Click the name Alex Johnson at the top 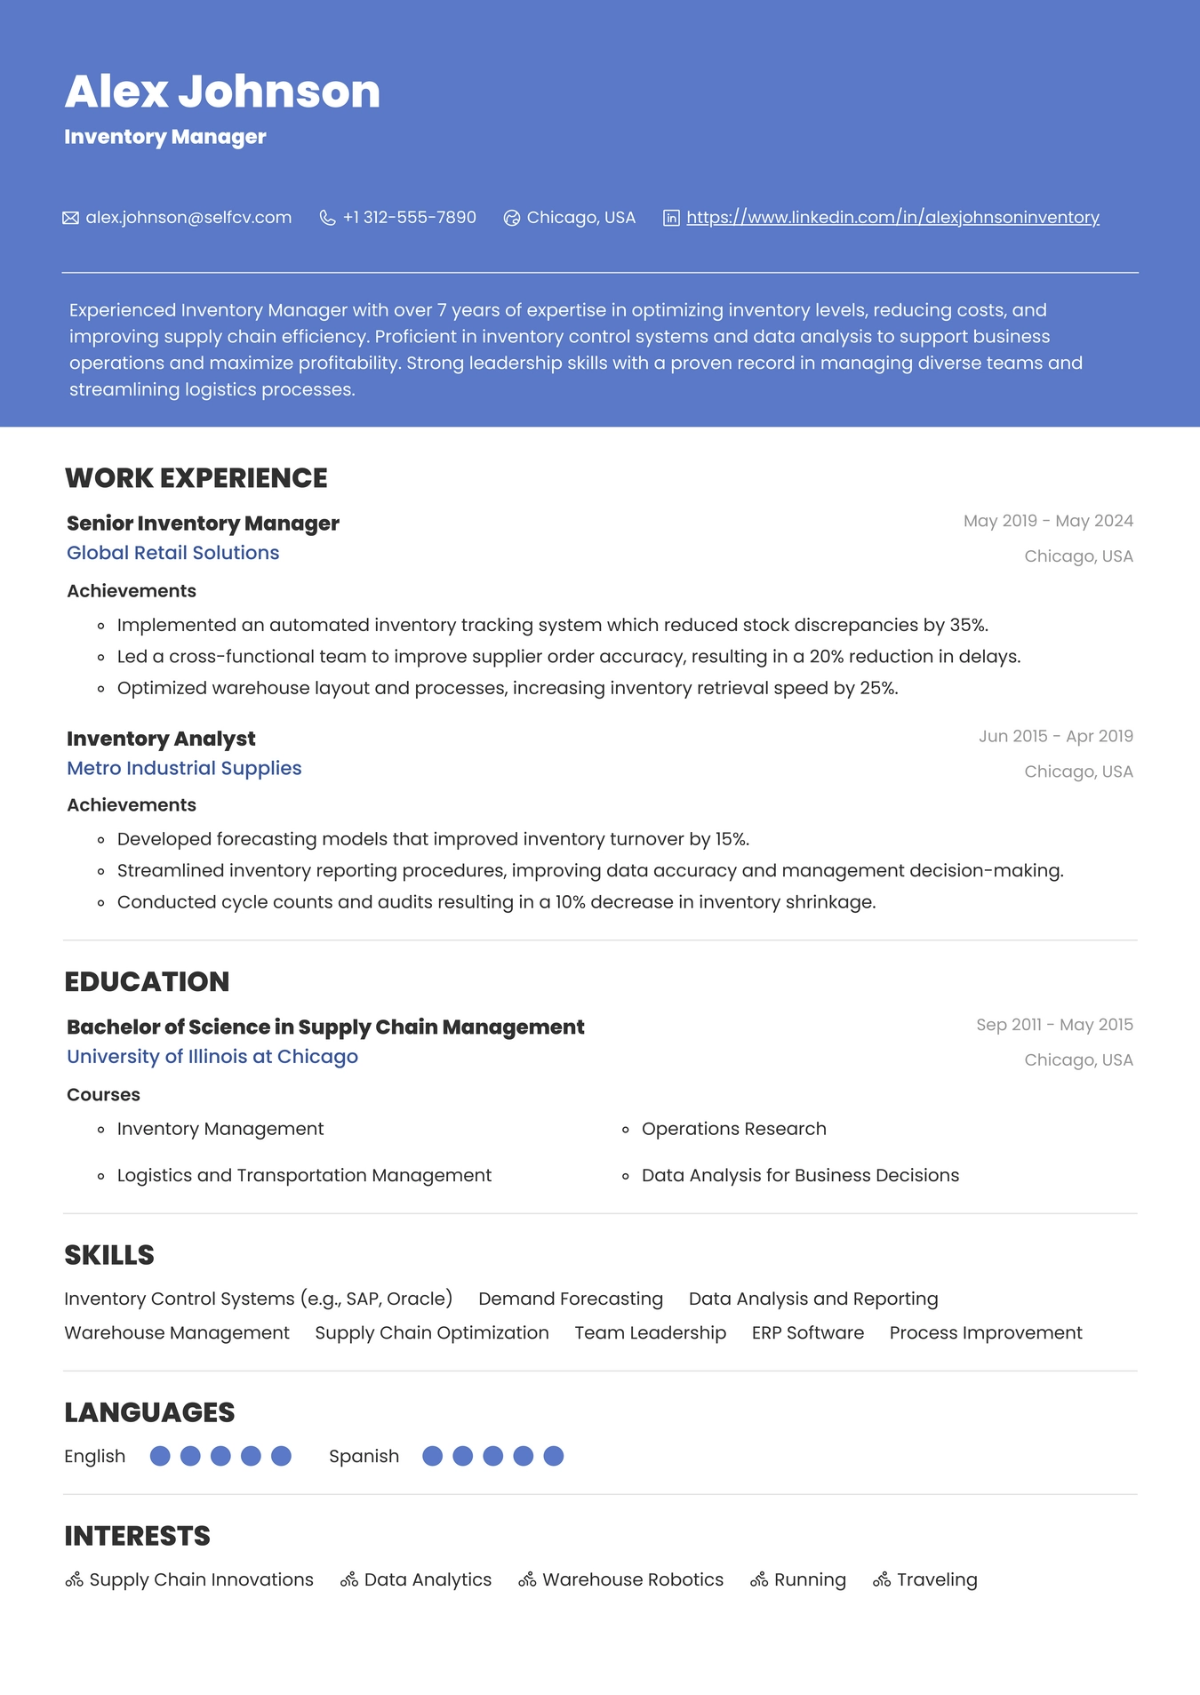point(222,92)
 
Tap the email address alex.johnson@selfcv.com point(188,218)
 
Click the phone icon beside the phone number point(327,218)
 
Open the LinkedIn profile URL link point(892,218)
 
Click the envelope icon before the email point(70,218)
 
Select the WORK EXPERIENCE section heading point(196,478)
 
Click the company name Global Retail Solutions point(172,553)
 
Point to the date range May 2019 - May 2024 point(1048,521)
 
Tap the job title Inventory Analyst point(161,739)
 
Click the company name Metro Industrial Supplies point(184,768)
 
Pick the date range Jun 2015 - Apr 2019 point(1055,736)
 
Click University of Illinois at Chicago point(212,1057)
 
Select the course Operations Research point(733,1129)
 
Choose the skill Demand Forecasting point(571,1299)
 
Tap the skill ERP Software point(807,1333)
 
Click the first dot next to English point(160,1456)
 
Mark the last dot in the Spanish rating point(553,1456)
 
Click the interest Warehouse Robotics point(633,1579)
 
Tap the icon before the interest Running point(759,1579)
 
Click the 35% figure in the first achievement point(967,625)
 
